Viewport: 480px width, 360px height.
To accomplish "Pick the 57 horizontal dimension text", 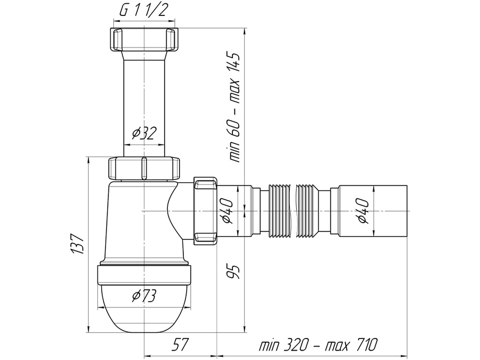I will click(x=179, y=344).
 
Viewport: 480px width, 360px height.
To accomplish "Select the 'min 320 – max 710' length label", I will click(x=318, y=344).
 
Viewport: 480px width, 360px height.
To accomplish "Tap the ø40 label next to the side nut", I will click(x=228, y=211).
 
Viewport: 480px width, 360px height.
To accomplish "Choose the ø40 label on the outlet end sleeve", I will click(x=363, y=211).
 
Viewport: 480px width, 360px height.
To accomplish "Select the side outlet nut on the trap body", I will click(x=205, y=211).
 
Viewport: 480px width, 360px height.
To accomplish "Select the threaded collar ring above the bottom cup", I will click(x=144, y=276).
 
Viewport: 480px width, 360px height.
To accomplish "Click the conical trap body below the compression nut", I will click(x=130, y=221).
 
